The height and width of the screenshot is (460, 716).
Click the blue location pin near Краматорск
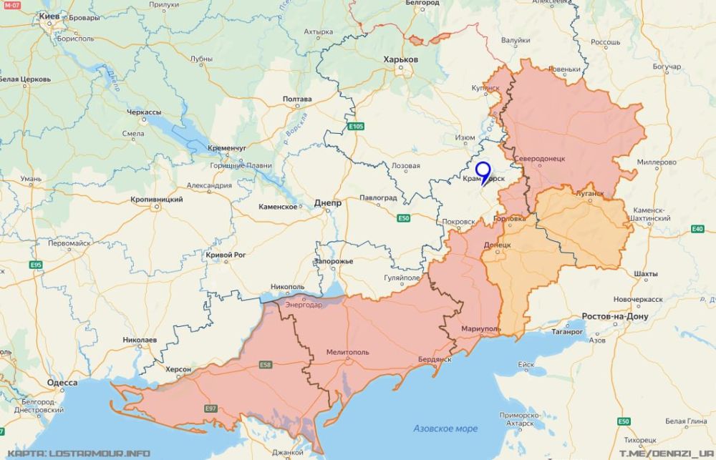click(483, 172)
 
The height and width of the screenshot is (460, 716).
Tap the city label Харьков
click(400, 59)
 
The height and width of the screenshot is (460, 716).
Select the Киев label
click(49, 15)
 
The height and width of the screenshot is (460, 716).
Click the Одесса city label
click(62, 383)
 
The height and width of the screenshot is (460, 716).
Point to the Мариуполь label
click(480, 329)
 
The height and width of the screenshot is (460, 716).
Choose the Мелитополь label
click(347, 352)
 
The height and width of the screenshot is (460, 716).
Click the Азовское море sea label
click(445, 429)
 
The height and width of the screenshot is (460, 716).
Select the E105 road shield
click(354, 127)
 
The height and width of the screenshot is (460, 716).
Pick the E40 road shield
click(697, 229)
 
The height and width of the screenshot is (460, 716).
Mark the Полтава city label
click(297, 99)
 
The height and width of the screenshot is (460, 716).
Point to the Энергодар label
click(304, 304)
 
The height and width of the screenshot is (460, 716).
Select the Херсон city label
click(178, 369)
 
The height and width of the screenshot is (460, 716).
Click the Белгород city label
click(422, 4)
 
